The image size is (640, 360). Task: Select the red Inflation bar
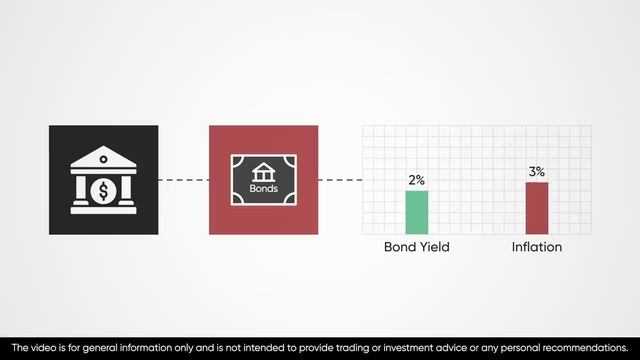coord(537,208)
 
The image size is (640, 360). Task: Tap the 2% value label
coord(416,180)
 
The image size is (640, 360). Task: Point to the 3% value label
coord(537,172)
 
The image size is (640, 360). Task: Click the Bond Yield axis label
coord(417,247)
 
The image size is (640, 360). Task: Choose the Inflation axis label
coord(537,247)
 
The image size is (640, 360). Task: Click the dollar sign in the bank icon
coord(104,187)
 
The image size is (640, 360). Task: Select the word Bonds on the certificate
coord(263,188)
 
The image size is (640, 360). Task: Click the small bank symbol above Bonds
coord(263,171)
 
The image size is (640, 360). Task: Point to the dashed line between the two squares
coord(183,180)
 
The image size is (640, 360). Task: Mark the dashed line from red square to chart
coord(340,180)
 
